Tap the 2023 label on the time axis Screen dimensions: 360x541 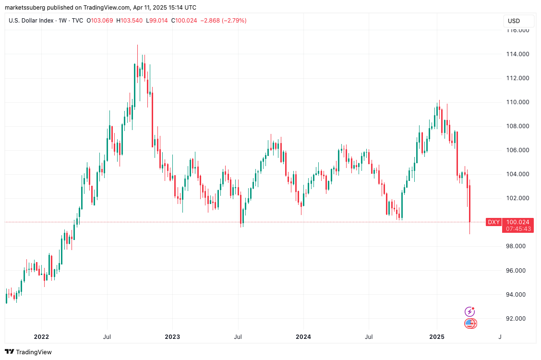[172, 337]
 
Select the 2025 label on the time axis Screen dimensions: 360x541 [436, 337]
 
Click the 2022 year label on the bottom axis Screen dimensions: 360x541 [41, 337]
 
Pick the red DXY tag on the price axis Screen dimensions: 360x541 [493, 222]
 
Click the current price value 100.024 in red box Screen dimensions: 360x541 [518, 222]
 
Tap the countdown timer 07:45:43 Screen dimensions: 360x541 [518, 229]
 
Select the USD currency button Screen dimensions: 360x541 [514, 21]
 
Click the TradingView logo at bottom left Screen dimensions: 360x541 [28, 352]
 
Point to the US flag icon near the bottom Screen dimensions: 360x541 [470, 324]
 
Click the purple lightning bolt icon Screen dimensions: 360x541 [469, 312]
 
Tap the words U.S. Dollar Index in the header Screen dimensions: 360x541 [31, 21]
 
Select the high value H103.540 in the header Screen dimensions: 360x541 [129, 21]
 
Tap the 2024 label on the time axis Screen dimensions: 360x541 [303, 337]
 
